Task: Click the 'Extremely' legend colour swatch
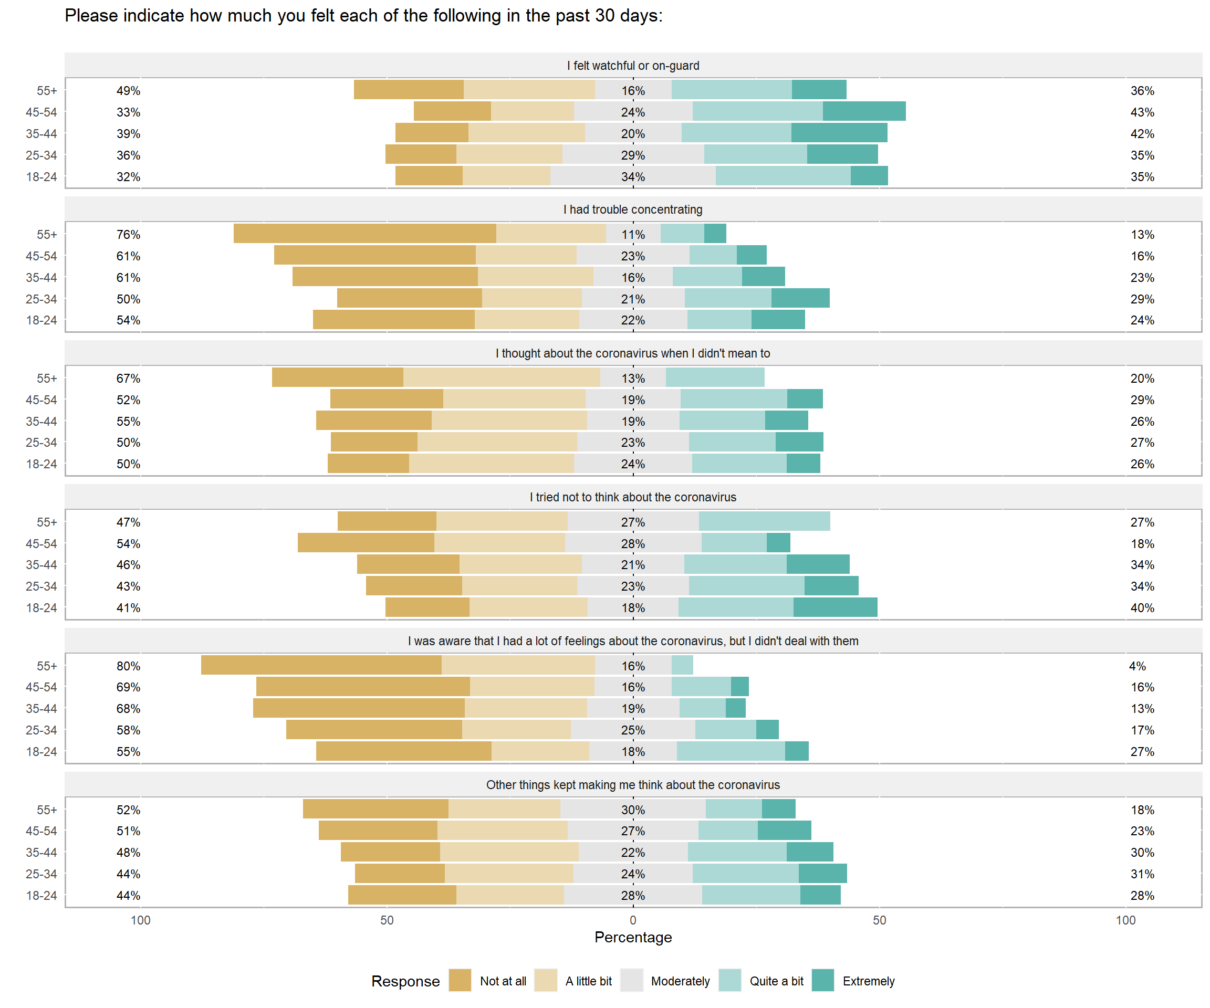coord(823,980)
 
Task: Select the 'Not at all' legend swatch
coord(460,980)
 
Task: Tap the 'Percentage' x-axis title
coord(633,937)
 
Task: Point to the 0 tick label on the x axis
coord(633,920)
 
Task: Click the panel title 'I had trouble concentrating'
coord(633,209)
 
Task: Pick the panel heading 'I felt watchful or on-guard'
coord(633,66)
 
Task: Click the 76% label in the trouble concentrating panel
coord(128,235)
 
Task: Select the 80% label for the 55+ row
coord(128,666)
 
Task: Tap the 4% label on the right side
coord(1137,666)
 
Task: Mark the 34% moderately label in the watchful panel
coord(633,177)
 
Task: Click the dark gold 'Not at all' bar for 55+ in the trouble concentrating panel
coord(364,233)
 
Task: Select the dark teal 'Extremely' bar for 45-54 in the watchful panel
coord(864,111)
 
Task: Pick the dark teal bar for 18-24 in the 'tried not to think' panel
coord(835,607)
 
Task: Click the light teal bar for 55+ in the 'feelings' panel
coord(682,665)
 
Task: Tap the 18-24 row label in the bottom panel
coord(41,895)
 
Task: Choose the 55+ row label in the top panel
coord(47,90)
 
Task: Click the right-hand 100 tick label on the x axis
coord(1125,920)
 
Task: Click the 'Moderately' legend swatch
coord(631,980)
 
